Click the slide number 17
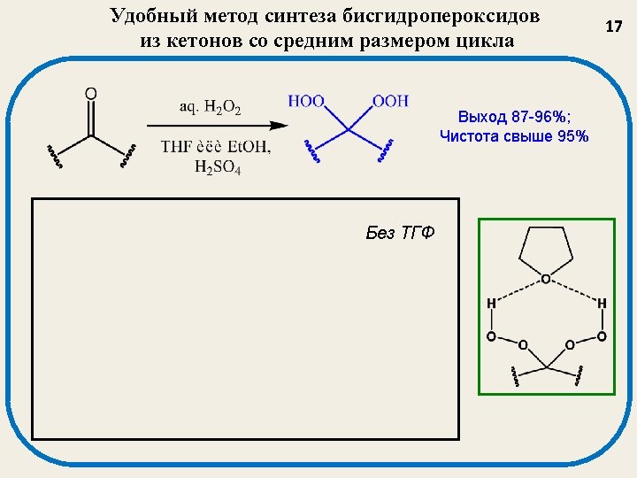[614, 27]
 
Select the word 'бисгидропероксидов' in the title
[444, 17]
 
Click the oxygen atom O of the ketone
[90, 93]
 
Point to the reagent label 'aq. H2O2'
[211, 107]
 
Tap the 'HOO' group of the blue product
[307, 101]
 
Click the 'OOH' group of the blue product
[390, 101]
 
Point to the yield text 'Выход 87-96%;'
[506, 117]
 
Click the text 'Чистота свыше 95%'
[513, 135]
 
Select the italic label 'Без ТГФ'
[401, 233]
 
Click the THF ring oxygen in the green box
[545, 279]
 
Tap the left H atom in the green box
[491, 304]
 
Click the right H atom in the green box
[602, 304]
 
